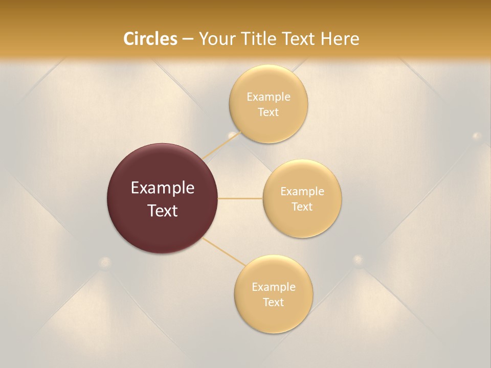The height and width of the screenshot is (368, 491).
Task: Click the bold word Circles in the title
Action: point(150,39)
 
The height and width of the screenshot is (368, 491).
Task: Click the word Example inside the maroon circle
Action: point(163,188)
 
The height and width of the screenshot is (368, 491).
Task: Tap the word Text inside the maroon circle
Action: point(163,211)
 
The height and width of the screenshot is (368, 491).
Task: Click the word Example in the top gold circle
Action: point(269,97)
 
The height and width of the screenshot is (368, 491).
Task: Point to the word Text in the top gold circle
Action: point(269,112)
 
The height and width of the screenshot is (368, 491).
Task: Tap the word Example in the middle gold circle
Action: point(302,192)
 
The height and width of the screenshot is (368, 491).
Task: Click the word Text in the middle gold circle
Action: point(302,207)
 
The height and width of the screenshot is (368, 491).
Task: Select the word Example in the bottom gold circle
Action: point(273,287)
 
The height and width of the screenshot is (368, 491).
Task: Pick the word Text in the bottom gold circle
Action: point(273,303)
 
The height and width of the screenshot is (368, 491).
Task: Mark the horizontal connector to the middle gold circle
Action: point(240,198)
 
